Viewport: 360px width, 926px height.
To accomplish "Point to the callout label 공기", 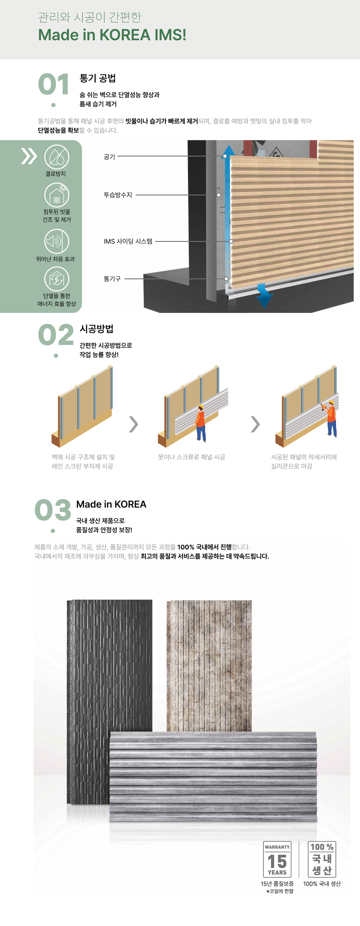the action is coord(109,157).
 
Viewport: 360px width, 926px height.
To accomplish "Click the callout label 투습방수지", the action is coord(118,195).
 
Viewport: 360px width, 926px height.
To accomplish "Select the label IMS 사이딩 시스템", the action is coord(128,241).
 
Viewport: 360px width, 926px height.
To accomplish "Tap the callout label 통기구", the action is coord(112,279).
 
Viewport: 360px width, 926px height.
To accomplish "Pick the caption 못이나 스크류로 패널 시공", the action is coord(191,457).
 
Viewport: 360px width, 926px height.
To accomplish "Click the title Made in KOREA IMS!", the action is coord(112,35).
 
